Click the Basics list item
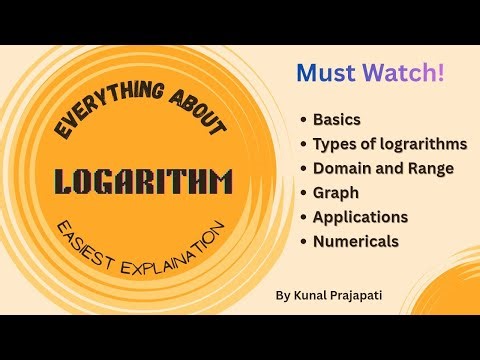coord(338,119)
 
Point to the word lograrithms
coord(424,143)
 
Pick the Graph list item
coord(335,192)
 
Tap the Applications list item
coord(359,216)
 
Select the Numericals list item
coord(356,241)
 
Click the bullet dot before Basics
coord(303,120)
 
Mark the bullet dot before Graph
coord(303,193)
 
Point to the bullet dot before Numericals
coord(303,241)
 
